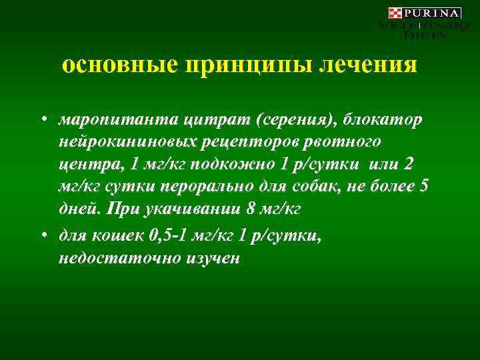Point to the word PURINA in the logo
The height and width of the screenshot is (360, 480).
pyautogui.click(x=432, y=13)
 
